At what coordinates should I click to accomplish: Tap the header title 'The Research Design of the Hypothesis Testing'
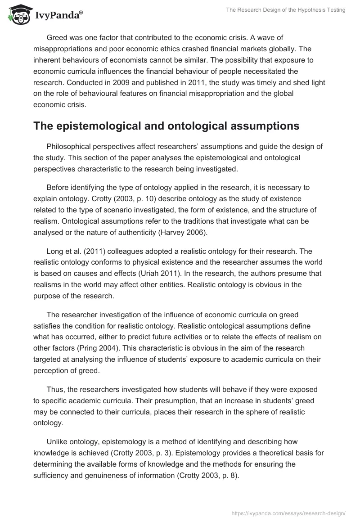tap(285, 10)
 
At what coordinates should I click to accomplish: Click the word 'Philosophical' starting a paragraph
tap(70, 147)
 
